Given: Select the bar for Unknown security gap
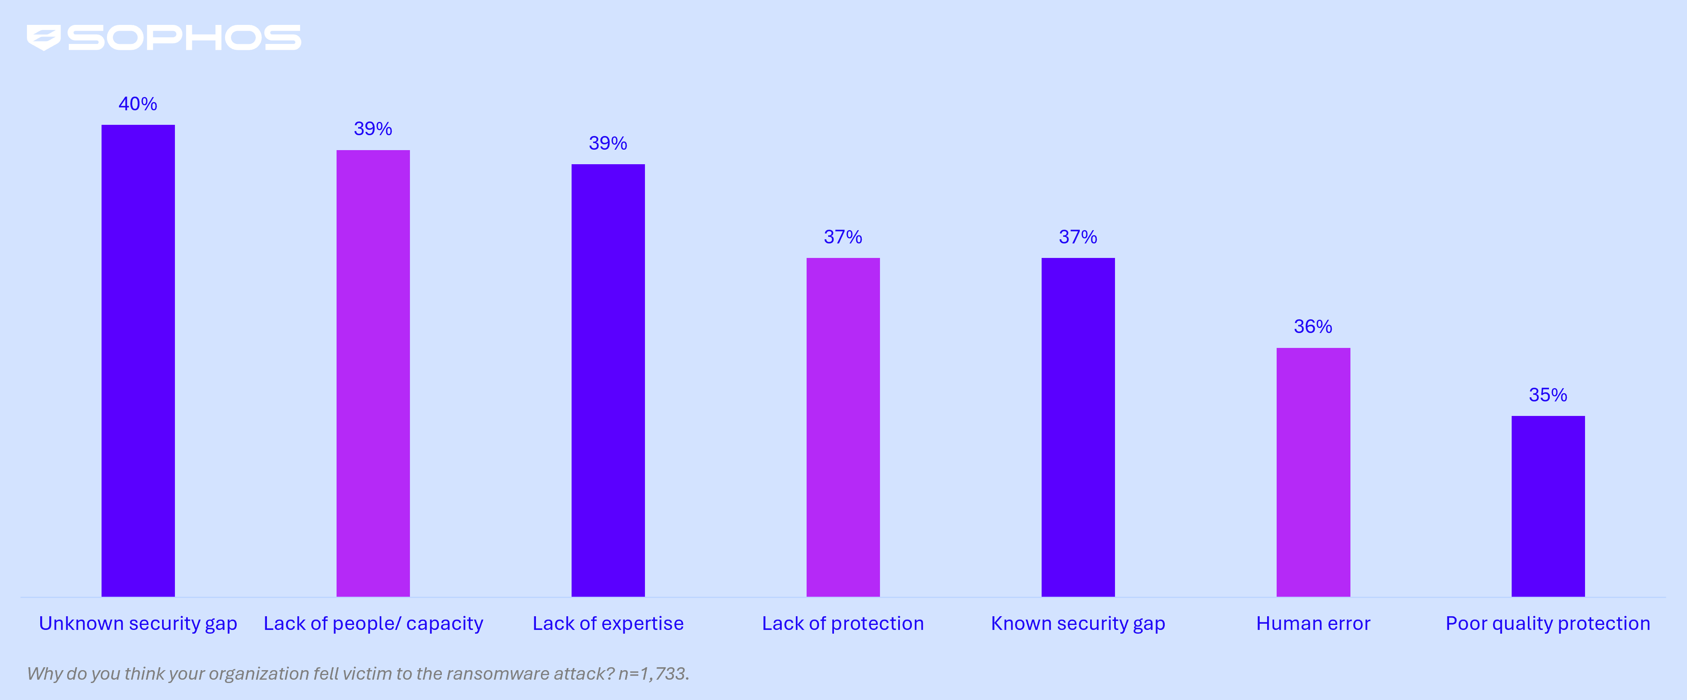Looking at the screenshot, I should (x=138, y=360).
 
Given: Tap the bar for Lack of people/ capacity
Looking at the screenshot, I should (x=373, y=374).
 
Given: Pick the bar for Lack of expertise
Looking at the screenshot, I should (x=608, y=380).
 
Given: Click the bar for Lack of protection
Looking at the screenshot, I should (x=843, y=428).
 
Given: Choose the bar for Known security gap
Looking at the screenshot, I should (x=1078, y=428).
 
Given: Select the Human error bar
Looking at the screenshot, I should (x=1313, y=472).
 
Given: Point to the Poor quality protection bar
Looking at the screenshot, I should (x=1548, y=506).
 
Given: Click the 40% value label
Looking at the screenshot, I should (x=138, y=104).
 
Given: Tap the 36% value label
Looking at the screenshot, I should (x=1313, y=326).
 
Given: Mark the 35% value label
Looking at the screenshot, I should (x=1548, y=394).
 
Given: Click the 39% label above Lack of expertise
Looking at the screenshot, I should (x=608, y=143).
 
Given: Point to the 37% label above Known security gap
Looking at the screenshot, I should (x=1078, y=237).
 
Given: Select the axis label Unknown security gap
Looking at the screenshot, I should (x=138, y=623).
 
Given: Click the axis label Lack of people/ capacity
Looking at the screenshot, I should (x=373, y=623).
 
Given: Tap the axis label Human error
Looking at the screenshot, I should (x=1313, y=623).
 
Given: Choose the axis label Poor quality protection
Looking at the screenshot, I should (x=1548, y=623).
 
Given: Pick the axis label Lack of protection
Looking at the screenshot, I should (x=843, y=623).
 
